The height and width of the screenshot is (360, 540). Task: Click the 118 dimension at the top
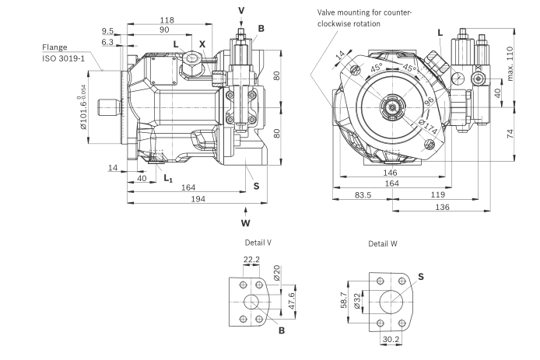coord(167,19)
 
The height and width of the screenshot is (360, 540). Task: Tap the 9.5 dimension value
coord(107,32)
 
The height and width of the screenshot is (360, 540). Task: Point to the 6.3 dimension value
coord(107,43)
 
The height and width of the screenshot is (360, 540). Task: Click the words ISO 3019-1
coord(65,58)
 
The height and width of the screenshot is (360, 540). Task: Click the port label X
coord(202,44)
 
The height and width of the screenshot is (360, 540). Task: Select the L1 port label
coord(168,179)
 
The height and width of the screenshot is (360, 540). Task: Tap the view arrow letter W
coord(246,223)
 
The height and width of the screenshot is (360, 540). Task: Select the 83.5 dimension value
coord(363,194)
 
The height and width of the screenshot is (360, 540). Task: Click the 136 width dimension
coord(443,208)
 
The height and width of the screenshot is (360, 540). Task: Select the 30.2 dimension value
coord(391,339)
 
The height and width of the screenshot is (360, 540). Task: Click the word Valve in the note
coord(329,12)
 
